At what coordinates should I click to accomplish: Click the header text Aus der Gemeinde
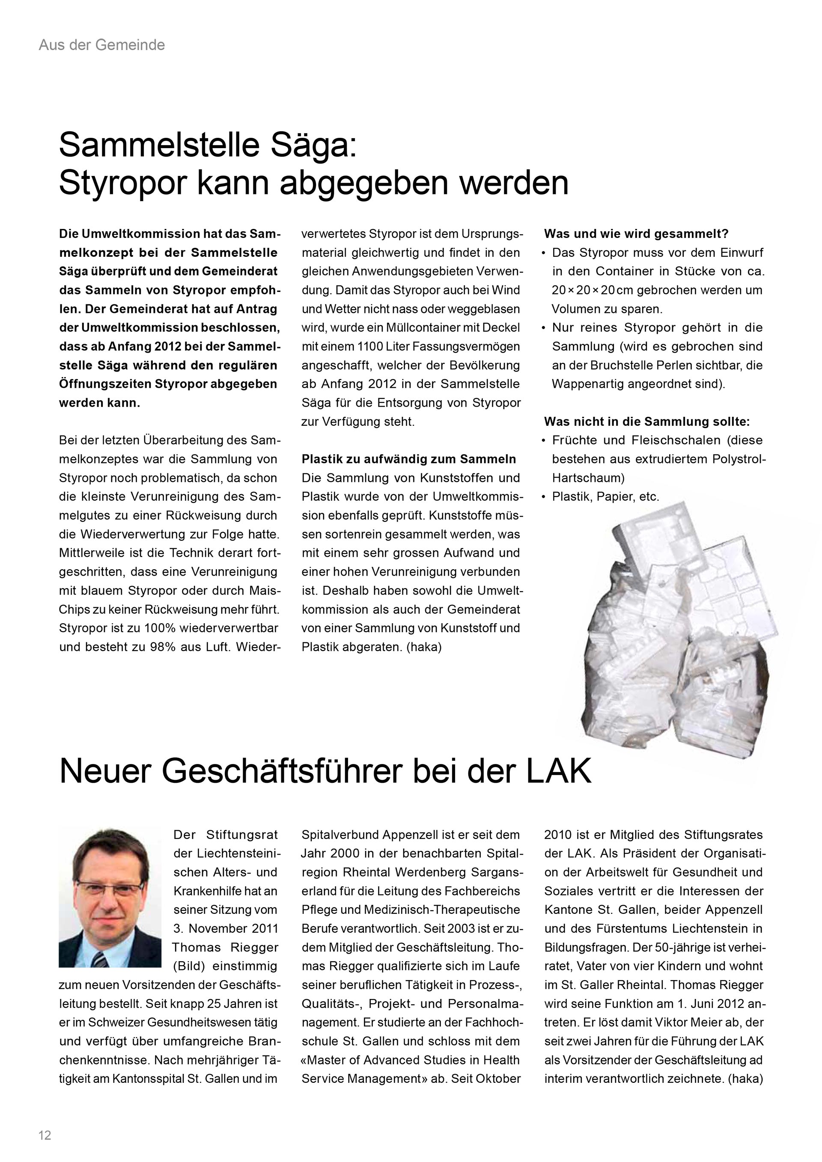tap(102, 45)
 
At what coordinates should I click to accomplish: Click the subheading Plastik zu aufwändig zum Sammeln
tap(408, 459)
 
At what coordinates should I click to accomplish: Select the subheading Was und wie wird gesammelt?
tap(636, 234)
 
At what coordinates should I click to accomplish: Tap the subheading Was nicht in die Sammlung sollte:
tap(647, 422)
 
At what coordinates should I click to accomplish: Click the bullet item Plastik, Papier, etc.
tap(605, 496)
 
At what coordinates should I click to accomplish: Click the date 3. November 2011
tap(226, 929)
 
